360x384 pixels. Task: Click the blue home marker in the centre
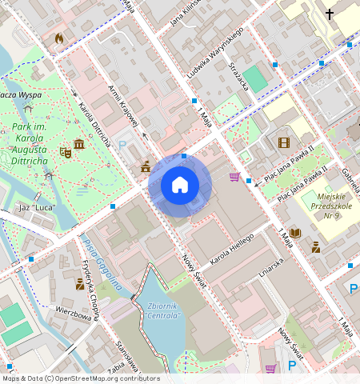tap(180, 186)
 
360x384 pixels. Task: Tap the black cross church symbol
tap(330, 14)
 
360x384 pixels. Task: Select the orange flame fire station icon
tap(58, 38)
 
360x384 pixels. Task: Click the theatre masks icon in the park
tap(66, 150)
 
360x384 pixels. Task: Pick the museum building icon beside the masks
tap(79, 145)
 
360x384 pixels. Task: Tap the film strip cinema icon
tap(282, 143)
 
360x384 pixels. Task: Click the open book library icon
tap(295, 233)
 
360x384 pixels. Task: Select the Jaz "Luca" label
tap(36, 208)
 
